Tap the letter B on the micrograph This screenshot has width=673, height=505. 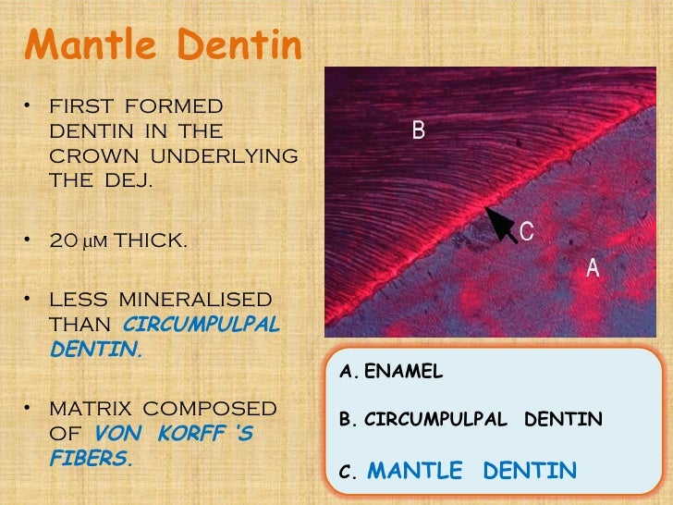click(x=419, y=131)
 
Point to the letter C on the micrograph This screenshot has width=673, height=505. click(x=526, y=230)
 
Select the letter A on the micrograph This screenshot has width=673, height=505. click(x=593, y=269)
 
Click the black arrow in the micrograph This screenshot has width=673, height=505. click(x=501, y=223)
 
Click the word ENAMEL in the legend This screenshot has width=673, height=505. click(x=404, y=372)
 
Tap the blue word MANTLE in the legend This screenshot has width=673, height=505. click(x=414, y=472)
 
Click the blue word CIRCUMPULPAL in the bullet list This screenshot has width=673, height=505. click(x=200, y=325)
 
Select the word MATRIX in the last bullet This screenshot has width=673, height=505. click(x=87, y=408)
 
